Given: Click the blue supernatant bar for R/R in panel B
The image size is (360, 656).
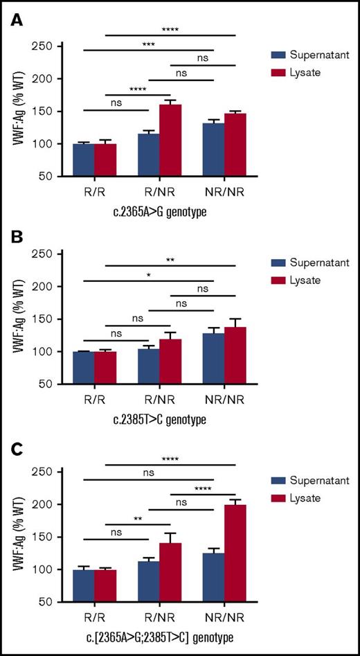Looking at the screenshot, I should (x=84, y=367).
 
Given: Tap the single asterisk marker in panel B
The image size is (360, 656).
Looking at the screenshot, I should (x=148, y=274).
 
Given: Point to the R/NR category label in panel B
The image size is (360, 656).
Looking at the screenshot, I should (x=159, y=400).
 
